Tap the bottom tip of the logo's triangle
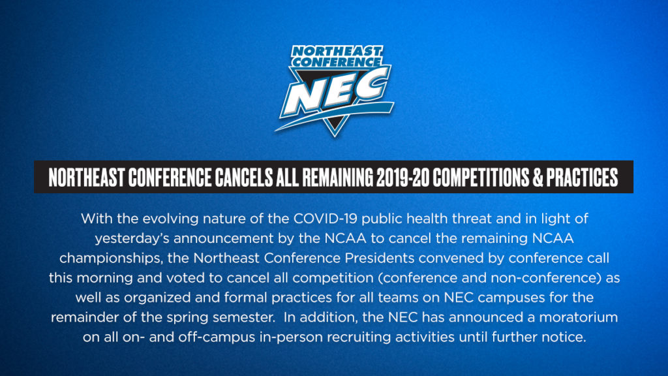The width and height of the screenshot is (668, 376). tap(335, 136)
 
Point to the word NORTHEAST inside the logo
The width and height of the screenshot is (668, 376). tap(337, 51)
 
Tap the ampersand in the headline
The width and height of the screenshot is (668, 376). tap(538, 178)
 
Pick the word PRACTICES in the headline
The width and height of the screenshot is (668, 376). tap(582, 178)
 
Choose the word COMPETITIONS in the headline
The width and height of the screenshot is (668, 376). tap(481, 178)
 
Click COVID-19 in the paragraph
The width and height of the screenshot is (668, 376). tap(326, 219)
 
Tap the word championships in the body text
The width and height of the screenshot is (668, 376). tap(111, 258)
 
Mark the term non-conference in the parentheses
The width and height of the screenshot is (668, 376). tap(546, 278)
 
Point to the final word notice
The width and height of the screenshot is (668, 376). tap(564, 337)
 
